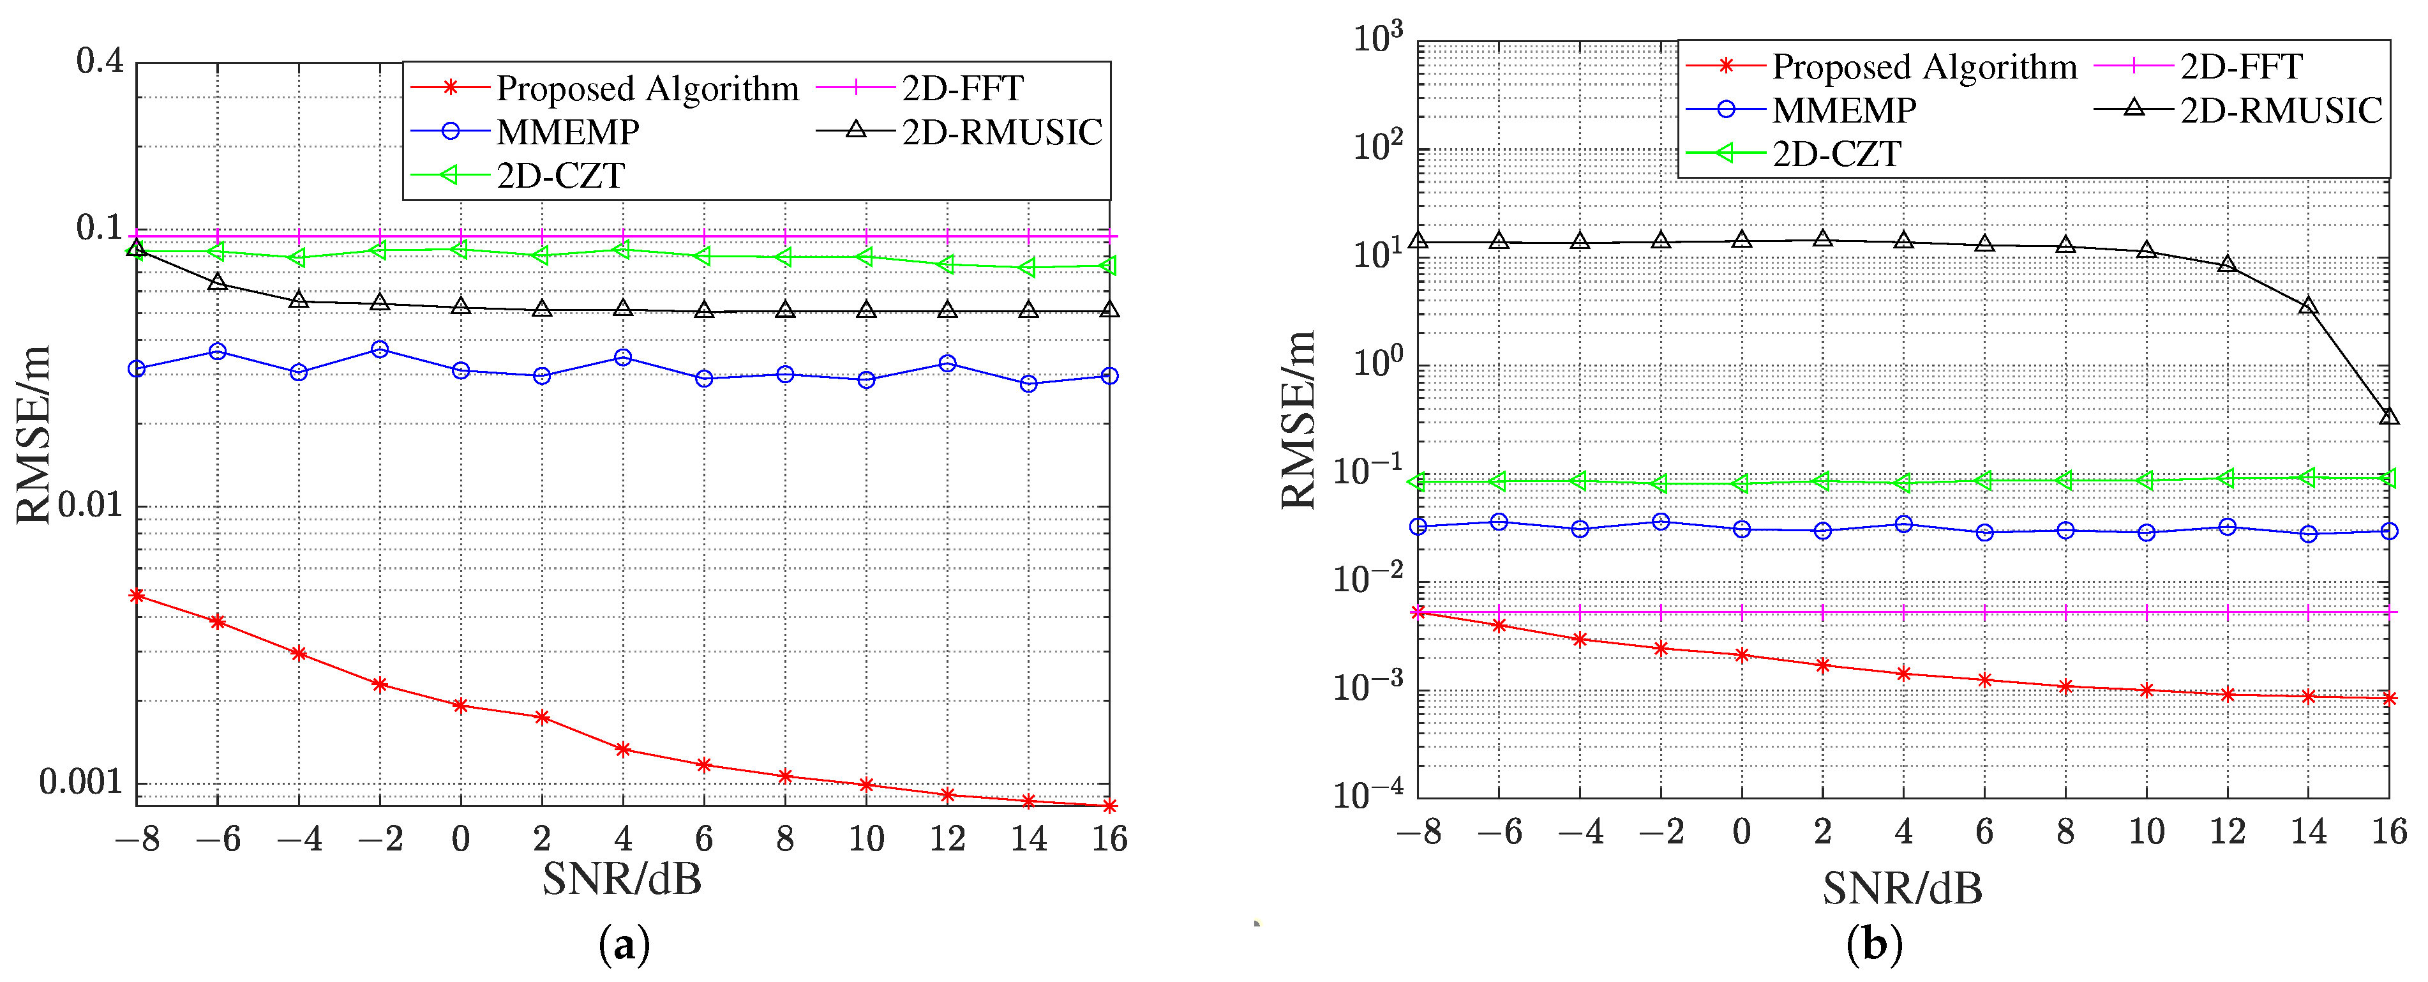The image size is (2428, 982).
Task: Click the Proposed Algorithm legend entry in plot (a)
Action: [x=647, y=89]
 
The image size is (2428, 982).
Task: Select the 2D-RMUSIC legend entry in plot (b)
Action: [x=2281, y=110]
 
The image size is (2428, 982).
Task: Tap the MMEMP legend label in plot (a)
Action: [x=567, y=132]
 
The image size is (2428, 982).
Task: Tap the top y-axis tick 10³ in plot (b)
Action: [x=1378, y=39]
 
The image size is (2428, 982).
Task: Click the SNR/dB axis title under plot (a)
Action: [x=622, y=879]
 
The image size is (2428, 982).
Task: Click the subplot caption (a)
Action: [x=624, y=944]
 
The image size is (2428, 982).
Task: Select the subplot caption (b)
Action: [x=1874, y=944]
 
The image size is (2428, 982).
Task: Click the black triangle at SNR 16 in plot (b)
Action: [x=2388, y=416]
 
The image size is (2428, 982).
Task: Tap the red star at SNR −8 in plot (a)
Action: [x=137, y=596]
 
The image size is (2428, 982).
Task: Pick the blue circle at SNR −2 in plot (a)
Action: [x=380, y=350]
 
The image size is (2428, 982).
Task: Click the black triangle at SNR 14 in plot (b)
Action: [x=2308, y=305]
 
